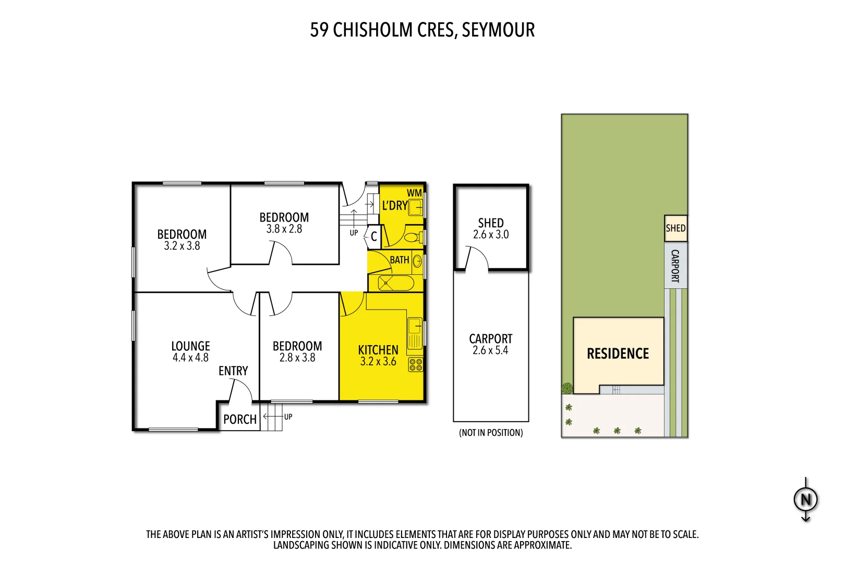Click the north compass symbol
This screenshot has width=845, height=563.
point(805,499)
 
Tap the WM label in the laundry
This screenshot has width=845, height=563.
point(414,193)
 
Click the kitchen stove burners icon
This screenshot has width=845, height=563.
point(416,364)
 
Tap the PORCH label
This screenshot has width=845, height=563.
point(240,420)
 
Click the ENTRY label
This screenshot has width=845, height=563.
point(233,371)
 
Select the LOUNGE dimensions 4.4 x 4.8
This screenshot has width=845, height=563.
point(190,358)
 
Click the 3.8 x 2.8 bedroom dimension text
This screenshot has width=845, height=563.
point(284,229)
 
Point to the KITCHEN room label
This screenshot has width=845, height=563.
point(378,350)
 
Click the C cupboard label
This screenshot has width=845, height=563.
point(373,237)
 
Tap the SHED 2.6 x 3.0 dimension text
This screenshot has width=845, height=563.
point(491,235)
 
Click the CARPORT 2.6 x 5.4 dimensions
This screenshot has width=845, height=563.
point(490,350)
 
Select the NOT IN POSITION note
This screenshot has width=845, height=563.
point(491,433)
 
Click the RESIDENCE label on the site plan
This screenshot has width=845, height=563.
point(618,353)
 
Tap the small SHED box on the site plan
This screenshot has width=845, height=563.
point(675,228)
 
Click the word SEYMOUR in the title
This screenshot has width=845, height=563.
point(498,30)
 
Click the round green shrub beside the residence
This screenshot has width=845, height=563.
point(567,388)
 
